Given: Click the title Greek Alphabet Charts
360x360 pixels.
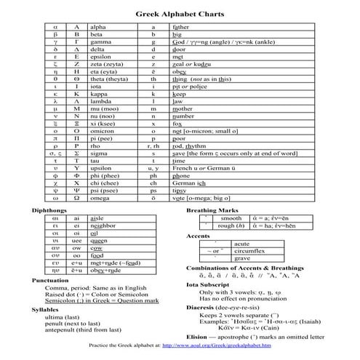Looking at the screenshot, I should click(x=180, y=14).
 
